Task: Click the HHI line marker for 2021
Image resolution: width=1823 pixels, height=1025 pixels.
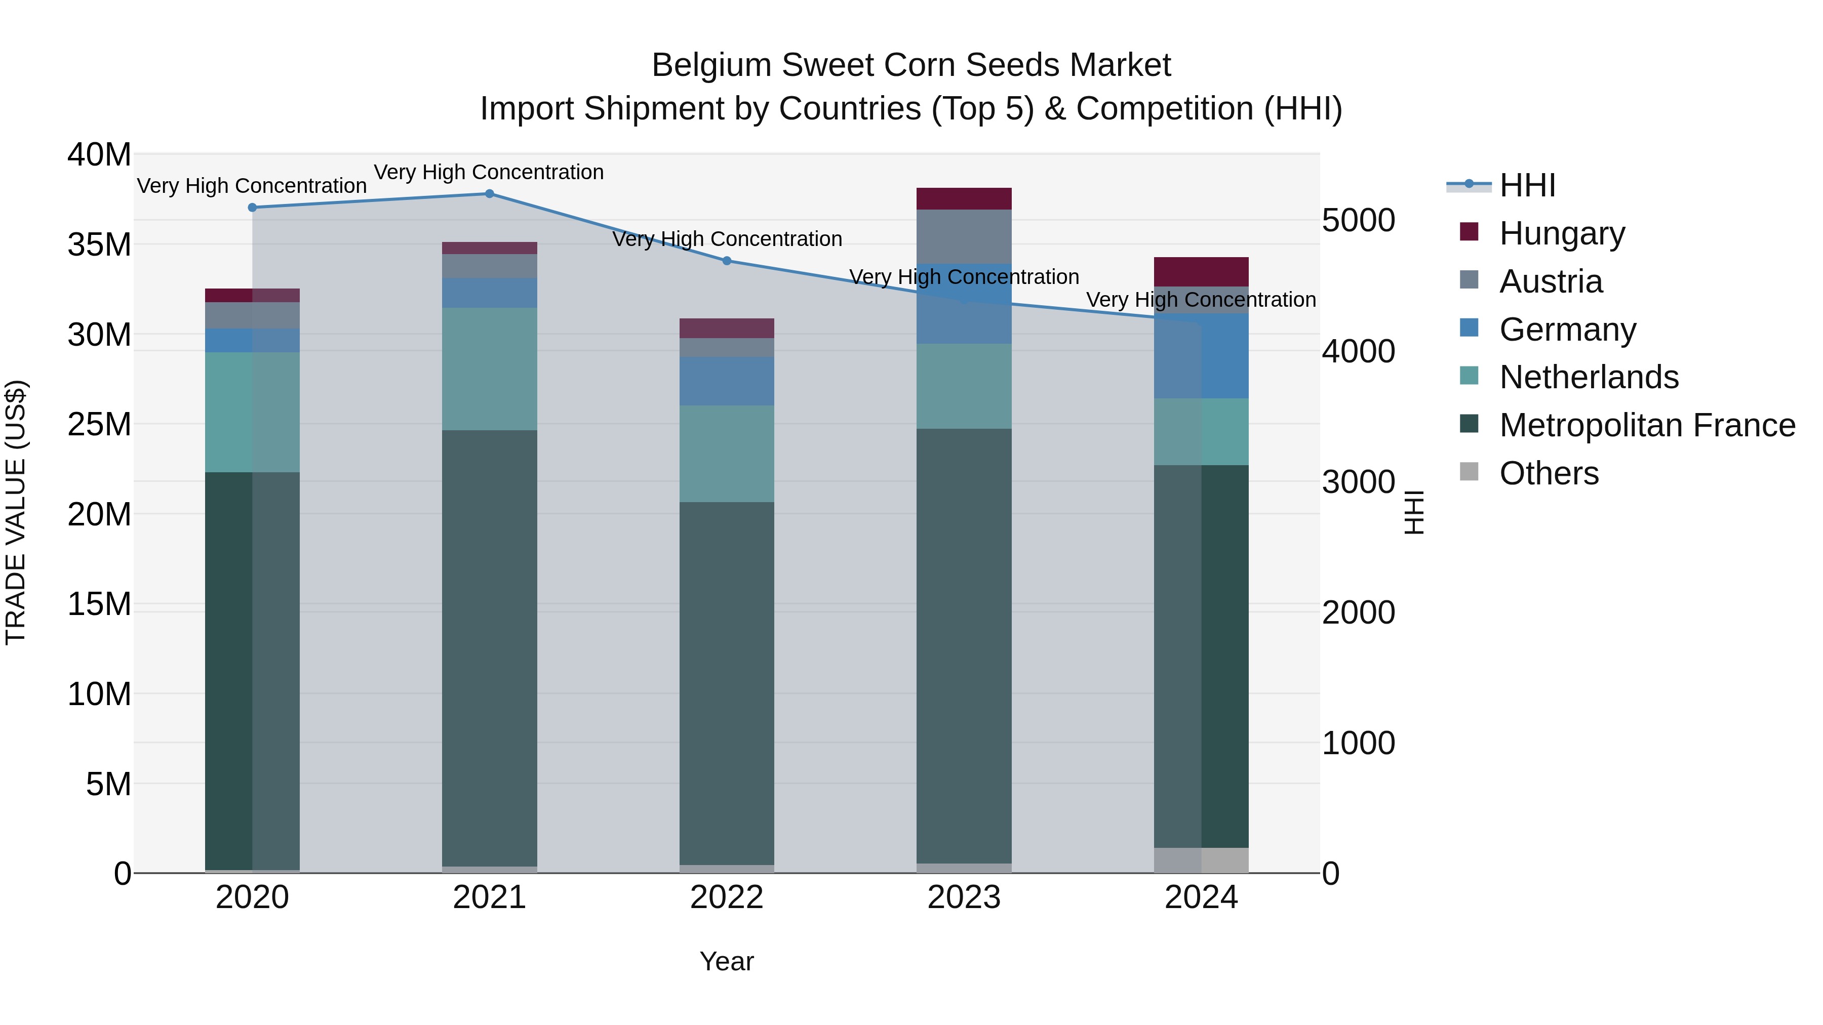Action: (x=489, y=194)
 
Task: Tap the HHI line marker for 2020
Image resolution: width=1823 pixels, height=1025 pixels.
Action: (x=253, y=207)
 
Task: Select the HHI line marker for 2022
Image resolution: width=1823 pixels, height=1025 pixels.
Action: (x=727, y=261)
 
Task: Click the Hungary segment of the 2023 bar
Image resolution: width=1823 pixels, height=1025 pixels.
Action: (x=964, y=199)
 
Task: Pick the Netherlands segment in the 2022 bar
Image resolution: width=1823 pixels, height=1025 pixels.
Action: (x=727, y=454)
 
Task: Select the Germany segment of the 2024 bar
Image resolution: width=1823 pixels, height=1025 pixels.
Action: (x=1201, y=356)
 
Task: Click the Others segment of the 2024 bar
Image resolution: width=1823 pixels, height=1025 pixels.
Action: (x=1201, y=860)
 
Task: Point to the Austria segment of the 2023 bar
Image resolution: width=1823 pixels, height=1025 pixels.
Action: (x=964, y=236)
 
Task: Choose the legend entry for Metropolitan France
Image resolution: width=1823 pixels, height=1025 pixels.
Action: (x=1647, y=426)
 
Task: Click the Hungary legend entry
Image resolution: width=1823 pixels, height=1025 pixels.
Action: (x=1562, y=233)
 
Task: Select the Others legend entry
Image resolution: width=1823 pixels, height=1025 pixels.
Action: (x=1549, y=473)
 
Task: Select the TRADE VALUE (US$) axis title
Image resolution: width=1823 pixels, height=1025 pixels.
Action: (x=16, y=513)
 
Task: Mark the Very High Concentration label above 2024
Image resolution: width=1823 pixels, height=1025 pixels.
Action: (x=1201, y=300)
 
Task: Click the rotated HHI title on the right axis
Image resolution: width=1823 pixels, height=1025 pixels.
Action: (x=1413, y=513)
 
